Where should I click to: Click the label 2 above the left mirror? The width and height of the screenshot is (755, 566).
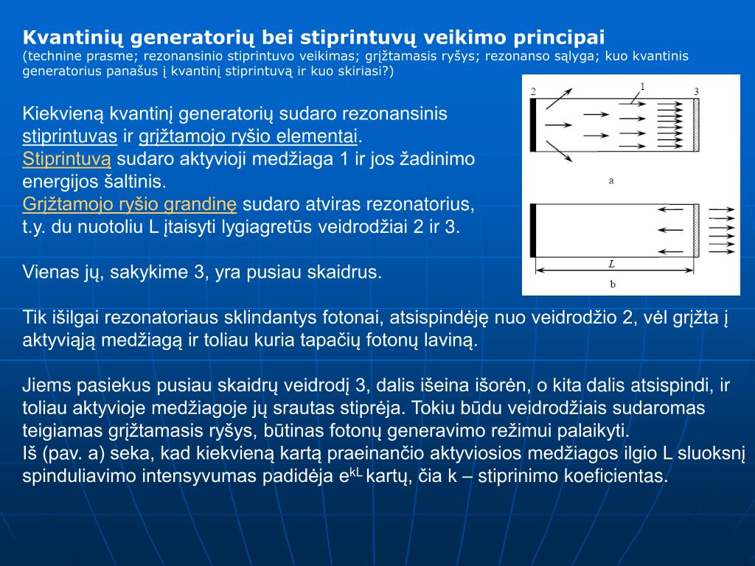[533, 91]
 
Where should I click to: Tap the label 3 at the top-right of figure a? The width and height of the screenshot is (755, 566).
[696, 91]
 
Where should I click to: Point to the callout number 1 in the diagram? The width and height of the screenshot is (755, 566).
[642, 86]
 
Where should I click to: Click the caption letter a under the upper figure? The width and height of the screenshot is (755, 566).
[611, 179]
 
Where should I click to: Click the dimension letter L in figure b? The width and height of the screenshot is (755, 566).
[611, 263]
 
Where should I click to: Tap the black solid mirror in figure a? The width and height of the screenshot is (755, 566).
[533, 125]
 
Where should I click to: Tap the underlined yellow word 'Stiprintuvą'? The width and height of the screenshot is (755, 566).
[67, 159]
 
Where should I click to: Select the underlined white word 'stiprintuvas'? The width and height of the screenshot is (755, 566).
[70, 136]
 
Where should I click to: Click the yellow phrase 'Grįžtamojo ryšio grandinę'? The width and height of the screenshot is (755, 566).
[130, 204]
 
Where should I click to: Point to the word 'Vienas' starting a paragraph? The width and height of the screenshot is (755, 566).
[49, 272]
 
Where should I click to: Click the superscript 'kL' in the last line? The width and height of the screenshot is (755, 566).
[356, 471]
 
